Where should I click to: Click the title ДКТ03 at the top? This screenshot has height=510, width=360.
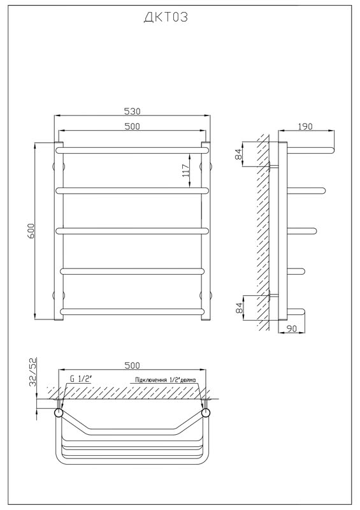[166, 17]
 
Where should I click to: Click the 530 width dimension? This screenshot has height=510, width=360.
[133, 111]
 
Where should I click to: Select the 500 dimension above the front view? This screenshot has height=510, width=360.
[133, 126]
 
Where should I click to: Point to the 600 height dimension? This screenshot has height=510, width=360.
[31, 231]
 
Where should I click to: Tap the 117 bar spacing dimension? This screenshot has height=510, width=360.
[185, 170]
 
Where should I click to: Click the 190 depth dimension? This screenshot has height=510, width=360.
[305, 126]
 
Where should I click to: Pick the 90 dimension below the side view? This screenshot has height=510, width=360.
[292, 328]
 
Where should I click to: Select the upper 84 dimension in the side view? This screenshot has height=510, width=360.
[239, 154]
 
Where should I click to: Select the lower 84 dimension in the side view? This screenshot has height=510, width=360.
[239, 307]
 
